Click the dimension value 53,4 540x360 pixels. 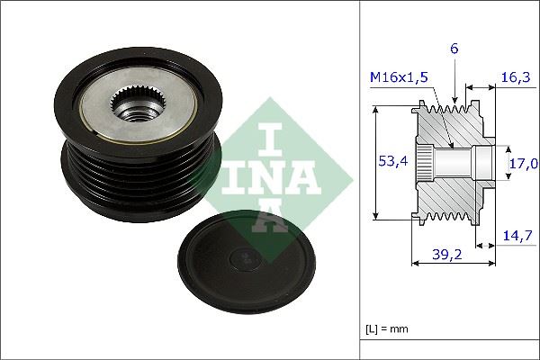(387, 161)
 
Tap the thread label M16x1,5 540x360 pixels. (397, 78)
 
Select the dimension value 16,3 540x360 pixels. (515, 78)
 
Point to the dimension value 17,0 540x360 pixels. (523, 163)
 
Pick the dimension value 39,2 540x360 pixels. (441, 255)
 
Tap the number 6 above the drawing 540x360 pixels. (455, 50)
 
